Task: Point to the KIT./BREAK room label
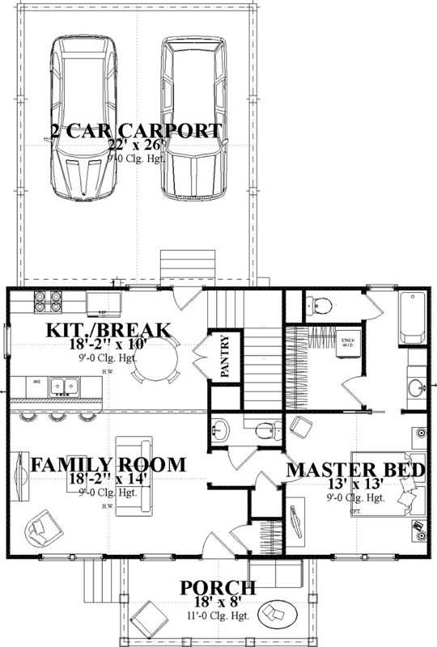pyautogui.click(x=108, y=331)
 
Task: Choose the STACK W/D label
pyautogui.click(x=349, y=342)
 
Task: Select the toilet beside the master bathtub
pyautogui.click(x=320, y=306)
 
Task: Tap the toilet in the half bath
pyautogui.click(x=263, y=429)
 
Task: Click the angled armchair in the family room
pyautogui.click(x=40, y=531)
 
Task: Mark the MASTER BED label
pyautogui.click(x=357, y=470)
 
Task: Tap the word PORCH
pyautogui.click(x=218, y=588)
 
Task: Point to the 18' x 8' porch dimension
pyautogui.click(x=218, y=602)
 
